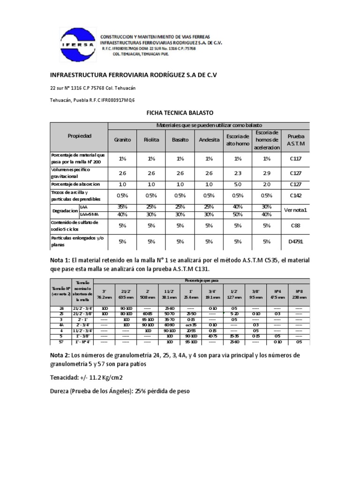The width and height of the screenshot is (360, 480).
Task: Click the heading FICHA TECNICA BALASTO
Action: tap(180, 113)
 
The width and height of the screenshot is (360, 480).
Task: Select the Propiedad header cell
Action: tap(79, 136)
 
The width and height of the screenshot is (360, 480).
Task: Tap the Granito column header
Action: tap(122, 140)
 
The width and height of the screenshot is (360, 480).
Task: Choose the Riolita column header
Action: tap(151, 140)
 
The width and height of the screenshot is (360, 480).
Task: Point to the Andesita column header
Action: tap(209, 140)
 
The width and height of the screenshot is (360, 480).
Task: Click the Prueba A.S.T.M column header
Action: tap(295, 140)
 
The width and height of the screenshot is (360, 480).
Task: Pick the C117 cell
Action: tap(295, 158)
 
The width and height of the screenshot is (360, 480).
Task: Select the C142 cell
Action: tap(295, 195)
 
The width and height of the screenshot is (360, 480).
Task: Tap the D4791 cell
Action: tap(295, 241)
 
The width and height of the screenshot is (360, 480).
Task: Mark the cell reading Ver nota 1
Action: tap(295, 210)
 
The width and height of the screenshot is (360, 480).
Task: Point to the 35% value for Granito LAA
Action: tap(122, 206)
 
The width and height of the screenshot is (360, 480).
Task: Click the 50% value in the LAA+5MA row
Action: tap(238, 214)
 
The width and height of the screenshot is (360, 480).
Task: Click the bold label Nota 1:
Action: tap(61, 261)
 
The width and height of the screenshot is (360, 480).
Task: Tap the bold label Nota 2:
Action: tap(61, 355)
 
